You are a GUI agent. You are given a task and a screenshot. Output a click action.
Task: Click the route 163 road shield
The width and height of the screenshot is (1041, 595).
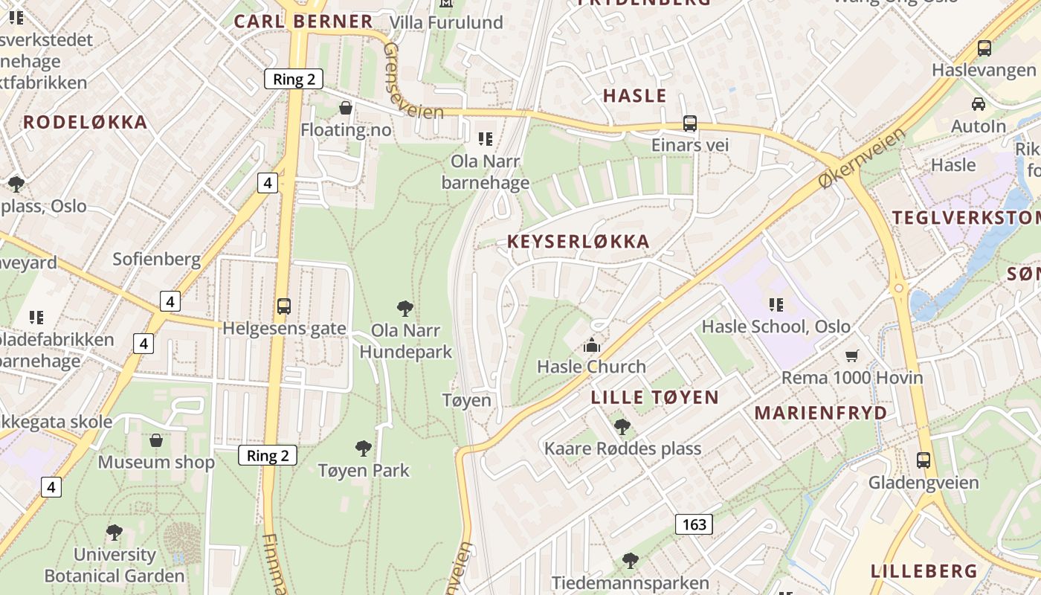[x=694, y=524]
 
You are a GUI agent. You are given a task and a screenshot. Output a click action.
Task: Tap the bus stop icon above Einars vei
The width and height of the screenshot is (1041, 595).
[x=690, y=123]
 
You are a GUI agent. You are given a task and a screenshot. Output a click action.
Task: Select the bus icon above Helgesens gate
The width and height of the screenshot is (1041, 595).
[x=283, y=306]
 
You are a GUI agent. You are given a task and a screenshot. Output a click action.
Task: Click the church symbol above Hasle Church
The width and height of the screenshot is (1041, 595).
[x=592, y=345]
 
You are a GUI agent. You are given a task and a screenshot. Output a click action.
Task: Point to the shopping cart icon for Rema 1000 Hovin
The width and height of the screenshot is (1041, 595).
[x=851, y=356]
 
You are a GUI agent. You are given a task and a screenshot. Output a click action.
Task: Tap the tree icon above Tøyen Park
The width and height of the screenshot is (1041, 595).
[x=364, y=448]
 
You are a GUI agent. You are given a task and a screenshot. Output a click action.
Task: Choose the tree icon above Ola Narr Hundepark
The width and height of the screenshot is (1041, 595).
[x=405, y=308]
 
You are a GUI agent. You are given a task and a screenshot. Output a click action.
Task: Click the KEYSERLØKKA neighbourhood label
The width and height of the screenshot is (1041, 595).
[x=578, y=241]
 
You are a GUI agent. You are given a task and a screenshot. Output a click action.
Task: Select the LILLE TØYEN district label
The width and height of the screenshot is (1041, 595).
[x=654, y=397]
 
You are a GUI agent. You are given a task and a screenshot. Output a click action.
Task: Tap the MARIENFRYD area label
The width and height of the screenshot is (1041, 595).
[x=821, y=413]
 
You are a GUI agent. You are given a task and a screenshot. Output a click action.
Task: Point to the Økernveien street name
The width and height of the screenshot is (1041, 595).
[x=862, y=157]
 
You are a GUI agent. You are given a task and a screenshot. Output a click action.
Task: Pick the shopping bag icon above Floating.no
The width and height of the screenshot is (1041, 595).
[x=346, y=109]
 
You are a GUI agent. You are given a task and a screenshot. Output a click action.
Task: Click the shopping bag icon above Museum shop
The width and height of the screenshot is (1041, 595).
[x=156, y=440]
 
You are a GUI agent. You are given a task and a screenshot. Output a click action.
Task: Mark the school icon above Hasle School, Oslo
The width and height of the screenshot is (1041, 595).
[x=776, y=304]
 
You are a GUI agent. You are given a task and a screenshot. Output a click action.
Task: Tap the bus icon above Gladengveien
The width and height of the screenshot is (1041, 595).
[x=924, y=460]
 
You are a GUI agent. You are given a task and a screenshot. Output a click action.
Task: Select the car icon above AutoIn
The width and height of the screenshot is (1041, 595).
[x=979, y=104]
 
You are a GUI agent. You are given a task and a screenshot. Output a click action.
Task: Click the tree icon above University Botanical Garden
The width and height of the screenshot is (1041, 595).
[x=114, y=533]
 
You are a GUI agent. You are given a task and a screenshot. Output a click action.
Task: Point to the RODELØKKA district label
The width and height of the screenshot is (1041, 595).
[x=86, y=123]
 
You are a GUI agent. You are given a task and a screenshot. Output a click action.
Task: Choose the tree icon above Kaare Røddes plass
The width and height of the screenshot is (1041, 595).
[x=622, y=427]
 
